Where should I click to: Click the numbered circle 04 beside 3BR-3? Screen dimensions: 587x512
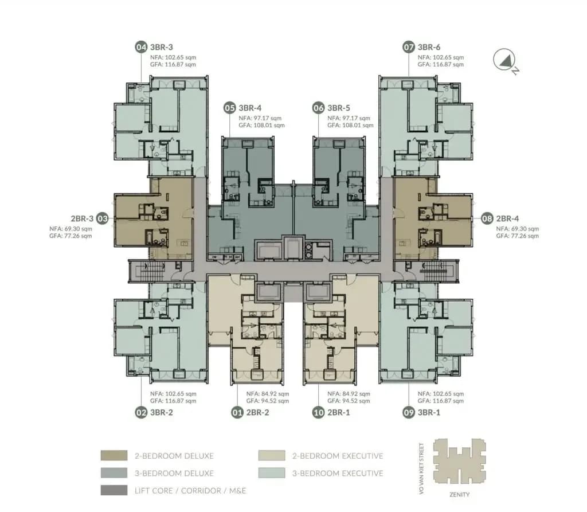pyautogui.click(x=141, y=47)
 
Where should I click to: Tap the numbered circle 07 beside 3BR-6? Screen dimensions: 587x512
pyautogui.click(x=409, y=47)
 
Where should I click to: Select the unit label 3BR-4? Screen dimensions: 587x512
pyautogui.click(x=250, y=108)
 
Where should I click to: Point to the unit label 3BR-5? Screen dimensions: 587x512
pyautogui.click(x=339, y=108)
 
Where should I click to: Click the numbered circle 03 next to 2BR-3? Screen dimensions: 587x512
pyautogui.click(x=103, y=219)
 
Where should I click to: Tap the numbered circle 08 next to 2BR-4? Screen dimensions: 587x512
pyautogui.click(x=487, y=219)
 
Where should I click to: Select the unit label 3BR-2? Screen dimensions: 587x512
pyautogui.click(x=161, y=413)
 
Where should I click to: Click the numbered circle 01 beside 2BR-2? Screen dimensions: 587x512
pyautogui.click(x=237, y=413)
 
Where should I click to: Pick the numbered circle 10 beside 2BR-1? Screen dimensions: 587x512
pyautogui.click(x=319, y=413)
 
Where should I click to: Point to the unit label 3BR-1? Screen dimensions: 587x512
pyautogui.click(x=429, y=413)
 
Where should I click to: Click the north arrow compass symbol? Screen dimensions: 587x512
pyautogui.click(x=506, y=61)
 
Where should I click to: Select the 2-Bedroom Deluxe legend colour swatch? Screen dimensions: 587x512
pyautogui.click(x=114, y=455)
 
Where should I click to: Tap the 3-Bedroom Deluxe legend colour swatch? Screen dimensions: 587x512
pyautogui.click(x=114, y=473)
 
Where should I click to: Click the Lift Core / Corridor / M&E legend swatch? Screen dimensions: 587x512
pyautogui.click(x=114, y=490)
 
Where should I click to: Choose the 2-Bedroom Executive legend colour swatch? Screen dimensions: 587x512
pyautogui.click(x=272, y=455)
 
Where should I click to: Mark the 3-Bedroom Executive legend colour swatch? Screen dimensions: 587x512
pyautogui.click(x=272, y=473)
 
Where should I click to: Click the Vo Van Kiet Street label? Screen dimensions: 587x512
pyautogui.click(x=421, y=468)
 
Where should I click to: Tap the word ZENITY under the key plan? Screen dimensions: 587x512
pyautogui.click(x=459, y=495)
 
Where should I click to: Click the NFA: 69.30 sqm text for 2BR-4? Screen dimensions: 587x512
pyautogui.click(x=518, y=229)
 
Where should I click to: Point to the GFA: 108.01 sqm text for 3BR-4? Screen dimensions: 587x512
pyautogui.click(x=261, y=126)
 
